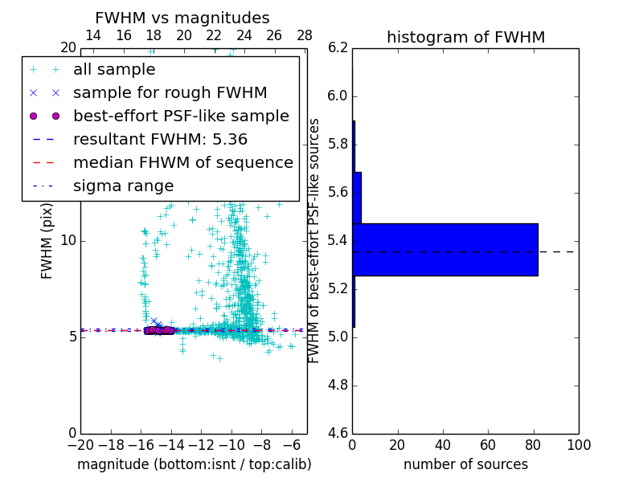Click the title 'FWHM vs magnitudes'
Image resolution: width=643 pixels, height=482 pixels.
pos(182,18)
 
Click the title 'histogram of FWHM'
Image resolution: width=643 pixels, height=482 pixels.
pos(465,37)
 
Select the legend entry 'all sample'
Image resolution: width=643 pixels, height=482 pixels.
pos(114,70)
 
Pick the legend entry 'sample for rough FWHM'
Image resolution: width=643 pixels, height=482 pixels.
pos(170,93)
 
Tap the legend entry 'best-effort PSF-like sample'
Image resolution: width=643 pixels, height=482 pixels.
pos(181,116)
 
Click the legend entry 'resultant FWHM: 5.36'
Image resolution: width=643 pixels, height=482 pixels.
pos(160,140)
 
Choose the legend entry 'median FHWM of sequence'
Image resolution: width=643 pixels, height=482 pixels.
pos(182,163)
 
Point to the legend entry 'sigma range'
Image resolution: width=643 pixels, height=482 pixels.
pos(123,186)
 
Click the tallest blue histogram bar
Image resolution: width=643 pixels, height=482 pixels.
pos(444,250)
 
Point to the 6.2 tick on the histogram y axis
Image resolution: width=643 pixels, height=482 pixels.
pos(338,48)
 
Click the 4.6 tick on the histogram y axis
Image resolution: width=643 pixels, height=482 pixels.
pos(338,433)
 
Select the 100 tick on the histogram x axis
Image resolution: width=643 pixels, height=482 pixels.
pos(578,445)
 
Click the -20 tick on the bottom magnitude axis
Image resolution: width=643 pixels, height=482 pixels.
pos(80,445)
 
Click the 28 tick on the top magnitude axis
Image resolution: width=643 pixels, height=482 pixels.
pos(305,36)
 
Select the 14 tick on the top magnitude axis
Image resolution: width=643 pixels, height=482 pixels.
pos(93,36)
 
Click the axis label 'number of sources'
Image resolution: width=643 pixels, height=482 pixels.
pos(465,464)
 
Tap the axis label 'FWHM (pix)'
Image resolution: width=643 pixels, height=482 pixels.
pos(47,241)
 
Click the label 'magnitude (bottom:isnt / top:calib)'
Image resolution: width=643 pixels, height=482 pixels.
pos(194,464)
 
